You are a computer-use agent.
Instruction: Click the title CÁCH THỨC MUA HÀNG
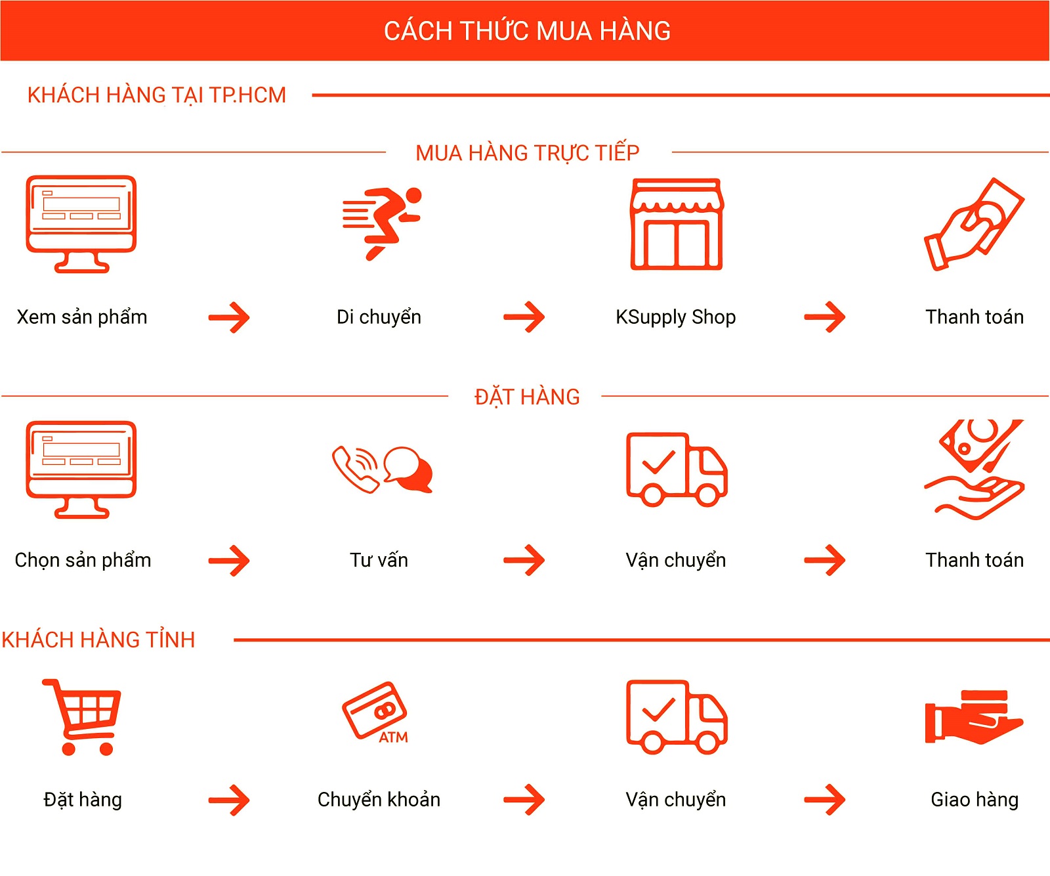coord(527,30)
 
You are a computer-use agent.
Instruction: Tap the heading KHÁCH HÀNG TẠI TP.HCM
coord(157,95)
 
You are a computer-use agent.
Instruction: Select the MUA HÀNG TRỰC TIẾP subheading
coord(528,152)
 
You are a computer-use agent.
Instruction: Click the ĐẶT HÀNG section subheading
coord(527,397)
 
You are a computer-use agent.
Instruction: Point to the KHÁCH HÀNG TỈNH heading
coord(98,639)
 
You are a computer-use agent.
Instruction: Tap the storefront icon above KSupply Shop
coord(677,224)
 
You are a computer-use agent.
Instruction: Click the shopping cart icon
coord(83,717)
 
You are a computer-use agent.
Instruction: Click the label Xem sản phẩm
coord(82,317)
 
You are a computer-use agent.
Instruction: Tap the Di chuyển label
coord(379,317)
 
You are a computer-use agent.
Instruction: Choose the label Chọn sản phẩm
coord(83,560)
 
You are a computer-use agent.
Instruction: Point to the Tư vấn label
coord(379,560)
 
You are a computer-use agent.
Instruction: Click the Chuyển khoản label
coord(379,799)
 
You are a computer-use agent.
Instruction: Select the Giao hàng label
coord(975,800)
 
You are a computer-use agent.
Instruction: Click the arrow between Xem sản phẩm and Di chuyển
coord(229,318)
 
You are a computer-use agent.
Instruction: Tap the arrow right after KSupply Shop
coord(825,317)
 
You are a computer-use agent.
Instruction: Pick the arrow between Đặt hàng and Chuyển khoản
coord(229,800)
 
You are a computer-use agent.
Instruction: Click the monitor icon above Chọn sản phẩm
coord(81,469)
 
